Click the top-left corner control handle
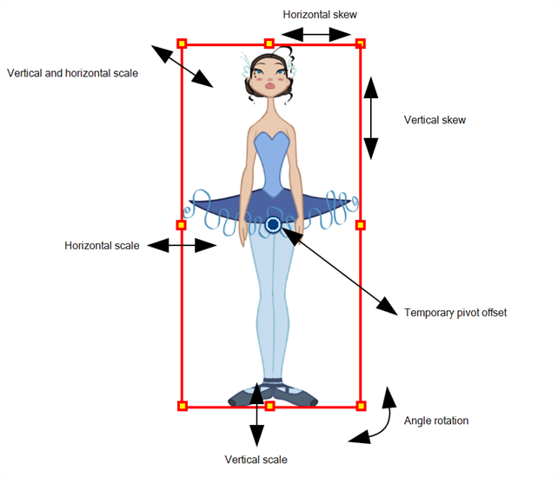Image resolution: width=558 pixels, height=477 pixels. (182, 43)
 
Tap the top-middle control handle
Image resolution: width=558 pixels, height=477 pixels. (269, 43)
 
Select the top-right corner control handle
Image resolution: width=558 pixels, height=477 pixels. (361, 43)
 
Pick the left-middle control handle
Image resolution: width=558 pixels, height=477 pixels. (182, 225)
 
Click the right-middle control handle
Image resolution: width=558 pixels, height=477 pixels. (361, 225)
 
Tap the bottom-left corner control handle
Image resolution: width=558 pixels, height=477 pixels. (182, 406)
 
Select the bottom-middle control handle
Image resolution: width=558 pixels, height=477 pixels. (269, 406)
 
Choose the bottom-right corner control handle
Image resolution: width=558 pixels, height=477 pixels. (361, 406)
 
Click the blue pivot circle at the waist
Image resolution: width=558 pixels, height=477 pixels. (273, 225)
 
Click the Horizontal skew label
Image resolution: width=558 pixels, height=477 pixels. (320, 15)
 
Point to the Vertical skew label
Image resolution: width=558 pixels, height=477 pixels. (435, 120)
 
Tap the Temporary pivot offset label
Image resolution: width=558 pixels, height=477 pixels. (455, 312)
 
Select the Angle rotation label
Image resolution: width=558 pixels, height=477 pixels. (436, 421)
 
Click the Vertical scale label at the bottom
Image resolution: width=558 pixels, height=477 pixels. (256, 459)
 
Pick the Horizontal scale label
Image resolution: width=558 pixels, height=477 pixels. (102, 246)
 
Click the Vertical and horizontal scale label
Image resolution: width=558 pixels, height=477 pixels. (72, 72)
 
